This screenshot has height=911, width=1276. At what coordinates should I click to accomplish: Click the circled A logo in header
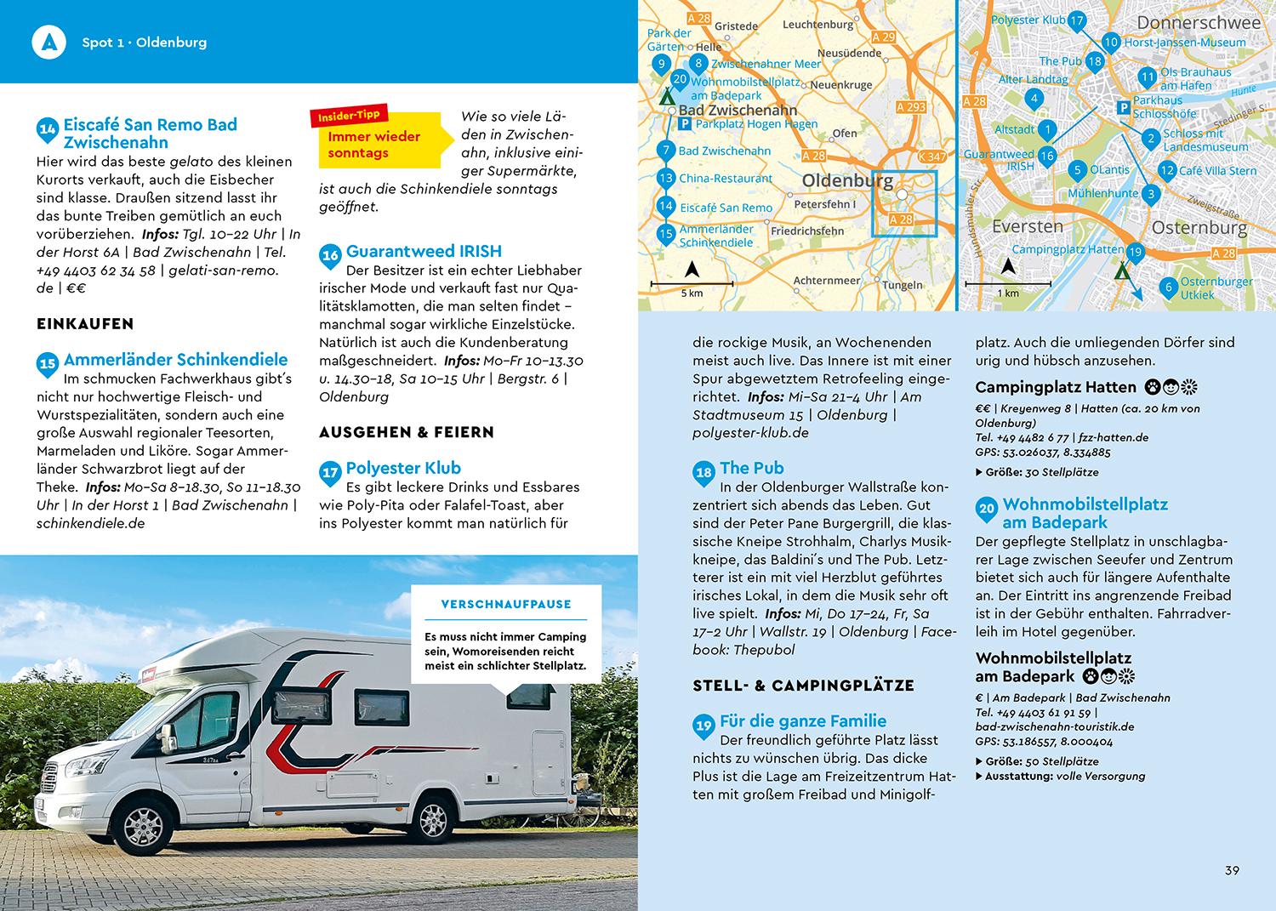point(48,42)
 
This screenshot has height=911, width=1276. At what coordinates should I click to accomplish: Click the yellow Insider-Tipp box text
point(374,145)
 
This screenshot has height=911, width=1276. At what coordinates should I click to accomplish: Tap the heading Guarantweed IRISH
point(424,251)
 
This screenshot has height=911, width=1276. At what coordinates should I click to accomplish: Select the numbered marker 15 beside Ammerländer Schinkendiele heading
point(47,364)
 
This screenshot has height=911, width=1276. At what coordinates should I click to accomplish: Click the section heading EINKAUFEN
point(85,323)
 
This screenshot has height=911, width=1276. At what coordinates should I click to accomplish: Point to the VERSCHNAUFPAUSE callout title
point(506,604)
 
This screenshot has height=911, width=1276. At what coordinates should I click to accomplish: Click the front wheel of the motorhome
point(148,821)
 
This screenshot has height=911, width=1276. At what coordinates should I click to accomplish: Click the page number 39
point(1232,870)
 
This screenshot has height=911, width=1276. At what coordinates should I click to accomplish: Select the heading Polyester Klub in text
point(403,468)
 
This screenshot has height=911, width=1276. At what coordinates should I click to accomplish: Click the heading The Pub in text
point(751,468)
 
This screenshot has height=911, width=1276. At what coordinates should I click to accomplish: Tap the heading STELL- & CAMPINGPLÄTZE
point(803,685)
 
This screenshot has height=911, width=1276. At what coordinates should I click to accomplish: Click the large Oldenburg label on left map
point(847,181)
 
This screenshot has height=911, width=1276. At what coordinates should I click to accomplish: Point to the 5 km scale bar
point(692,283)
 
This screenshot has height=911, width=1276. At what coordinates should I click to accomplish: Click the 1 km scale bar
point(1008,282)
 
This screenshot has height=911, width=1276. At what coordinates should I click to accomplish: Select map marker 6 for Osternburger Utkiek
point(1168,288)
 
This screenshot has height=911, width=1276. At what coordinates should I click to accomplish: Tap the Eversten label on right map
point(1027,226)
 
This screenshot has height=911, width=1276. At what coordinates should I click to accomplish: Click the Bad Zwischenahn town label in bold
point(738,110)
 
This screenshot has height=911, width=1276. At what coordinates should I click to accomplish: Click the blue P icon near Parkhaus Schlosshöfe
point(1123,108)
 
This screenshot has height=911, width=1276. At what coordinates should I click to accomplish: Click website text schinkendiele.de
point(90,523)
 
